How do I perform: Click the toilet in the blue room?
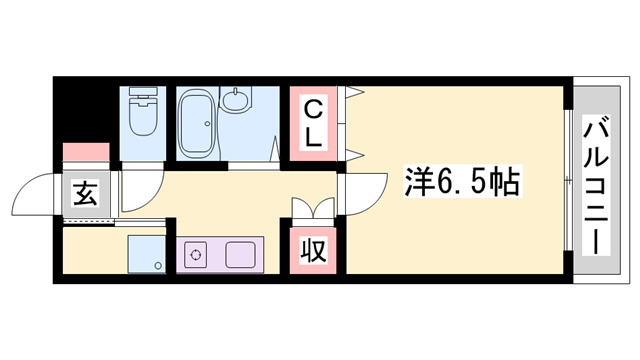coord(144,115)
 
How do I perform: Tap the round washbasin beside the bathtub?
coord(236,101)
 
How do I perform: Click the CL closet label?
coord(313,122)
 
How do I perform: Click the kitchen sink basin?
coord(241,256)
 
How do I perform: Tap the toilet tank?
coord(144,98)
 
